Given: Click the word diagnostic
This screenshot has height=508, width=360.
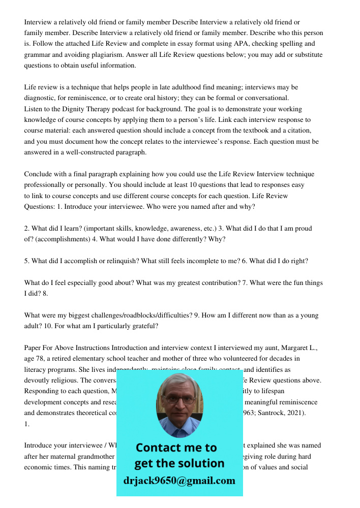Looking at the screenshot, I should click(x=41, y=98).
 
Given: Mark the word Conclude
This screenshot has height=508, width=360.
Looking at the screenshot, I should click(x=39, y=174).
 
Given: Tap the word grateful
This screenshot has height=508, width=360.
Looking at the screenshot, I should click(x=143, y=326).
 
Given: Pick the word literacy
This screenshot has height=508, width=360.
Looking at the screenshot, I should click(x=37, y=370).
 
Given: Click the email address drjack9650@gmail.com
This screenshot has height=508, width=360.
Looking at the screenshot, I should click(x=179, y=481).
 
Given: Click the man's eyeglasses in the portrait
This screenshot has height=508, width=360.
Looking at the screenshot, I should click(x=178, y=399).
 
